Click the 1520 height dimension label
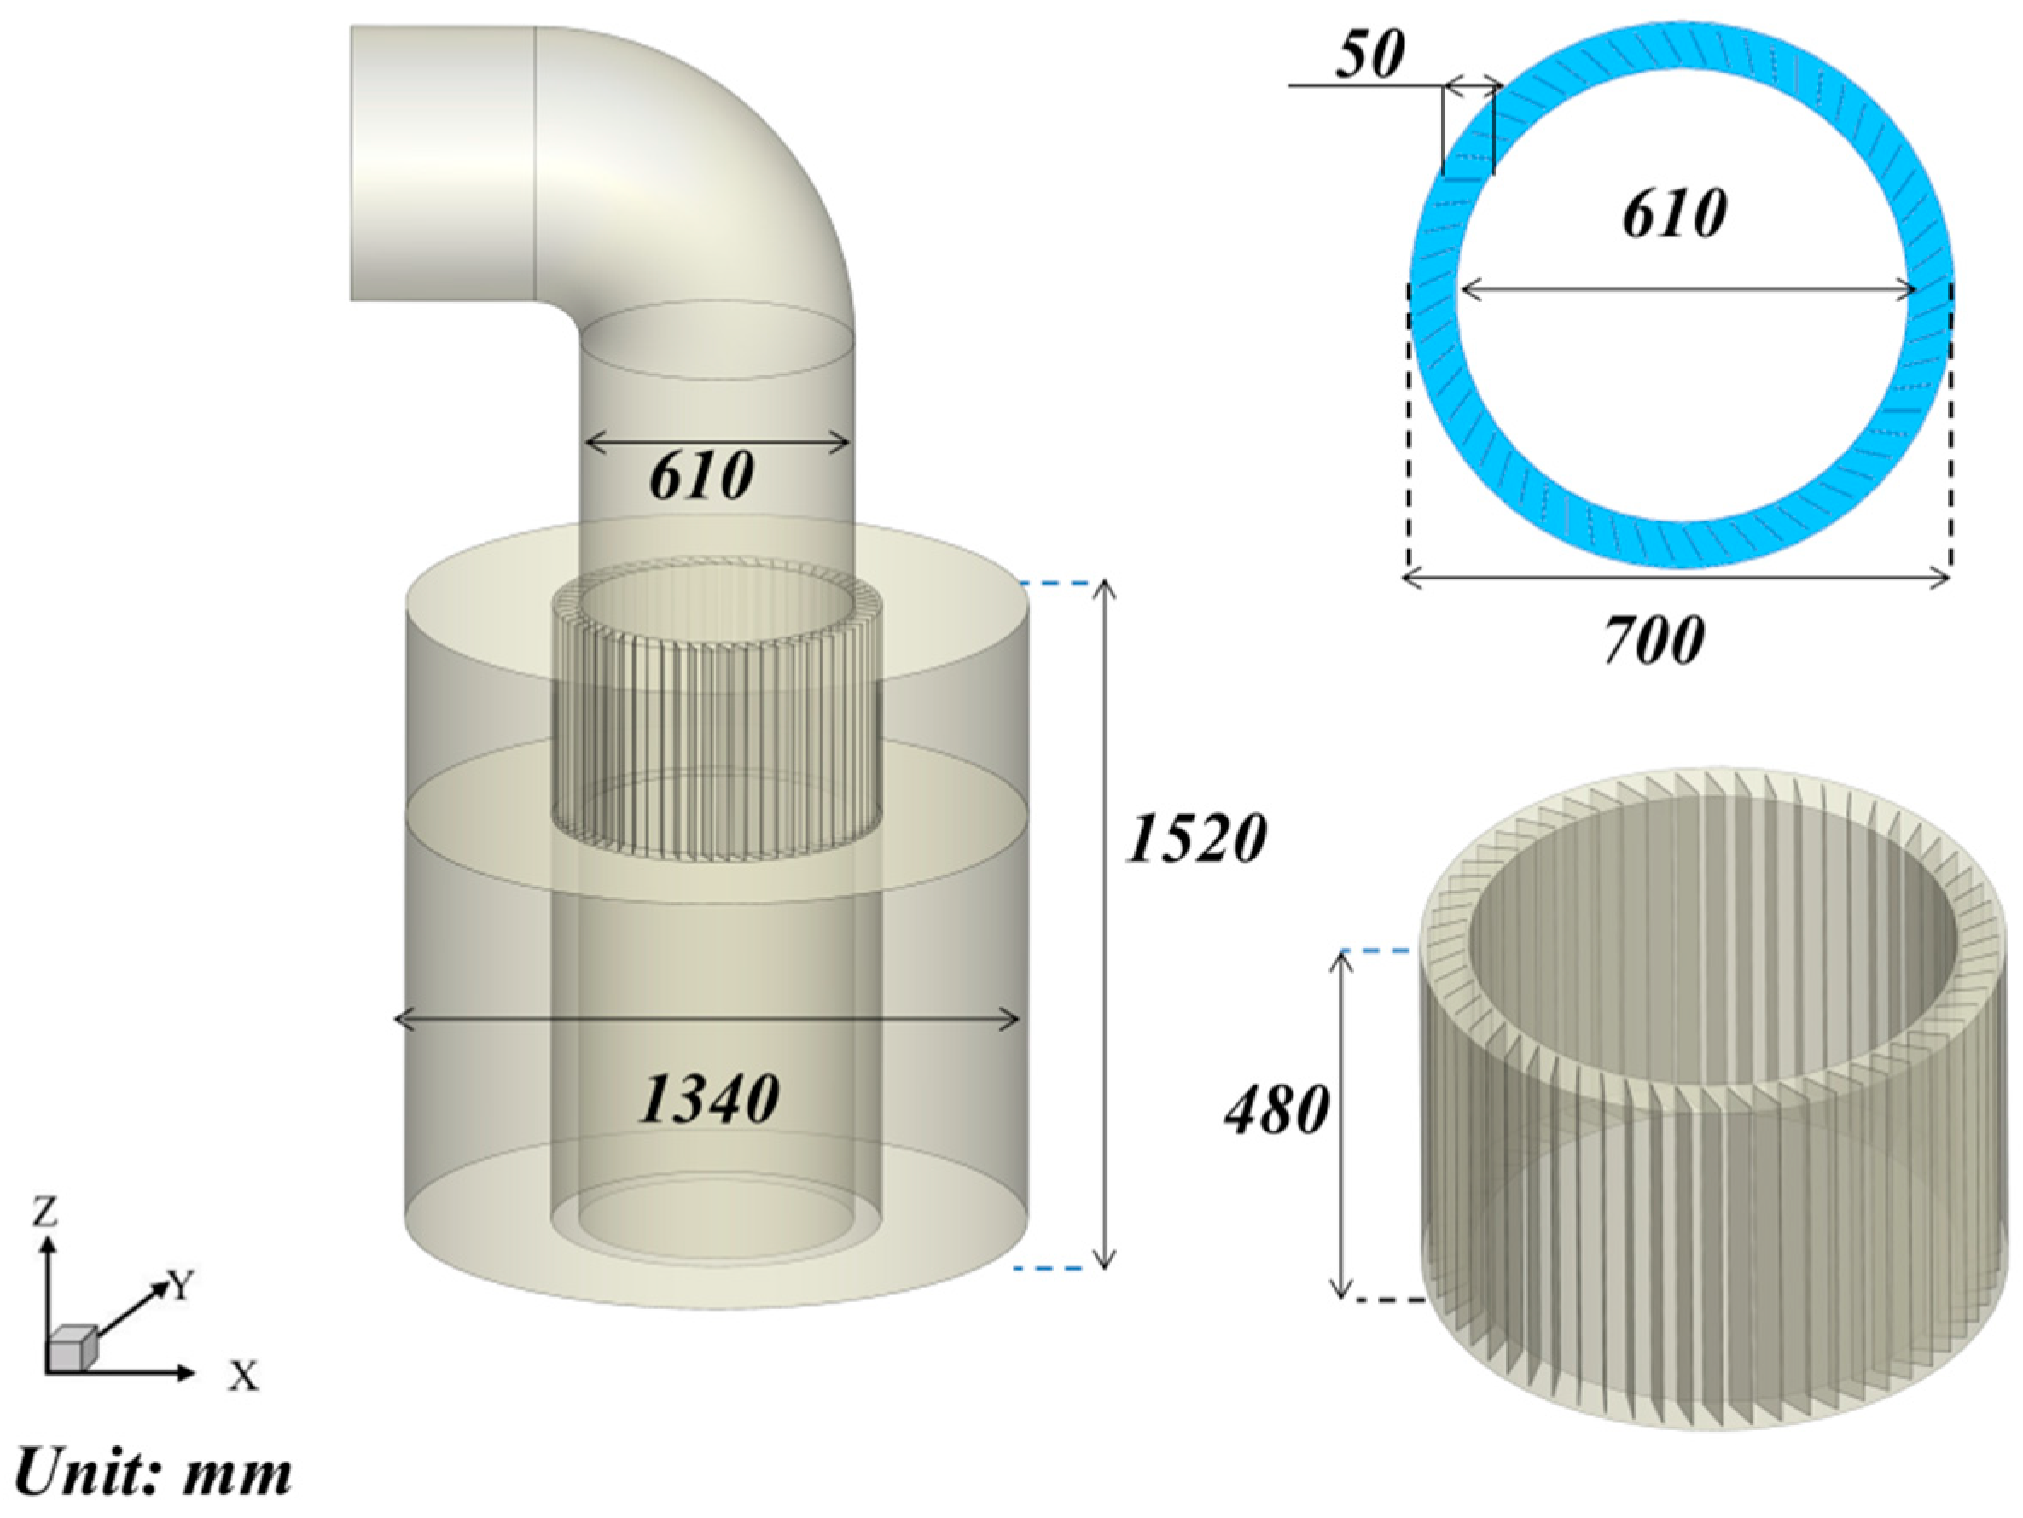click(x=1195, y=839)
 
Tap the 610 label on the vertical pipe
click(x=701, y=475)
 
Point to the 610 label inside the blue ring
click(x=1674, y=215)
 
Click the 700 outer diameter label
click(x=1654, y=640)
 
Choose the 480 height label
click(x=1276, y=1111)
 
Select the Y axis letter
click(x=182, y=1287)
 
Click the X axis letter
click(x=243, y=1376)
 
